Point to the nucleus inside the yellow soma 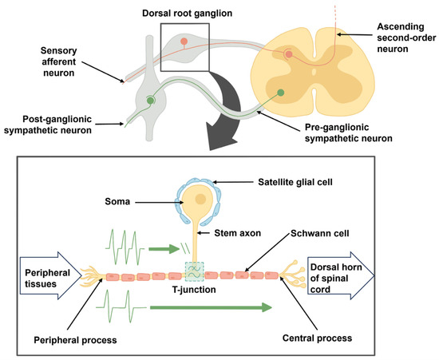[200, 199]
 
